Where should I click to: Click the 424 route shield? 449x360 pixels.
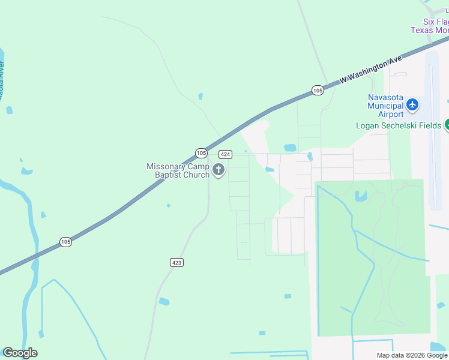pos(226,154)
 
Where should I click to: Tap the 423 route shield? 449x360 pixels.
pos(176,263)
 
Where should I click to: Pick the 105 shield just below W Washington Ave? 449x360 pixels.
pos(318,90)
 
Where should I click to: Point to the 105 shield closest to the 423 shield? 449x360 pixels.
pos(66,242)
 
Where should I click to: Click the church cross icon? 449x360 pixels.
pos(218,170)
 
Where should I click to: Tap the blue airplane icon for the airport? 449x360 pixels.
pos(412,104)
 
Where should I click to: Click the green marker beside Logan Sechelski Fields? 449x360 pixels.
pos(446,125)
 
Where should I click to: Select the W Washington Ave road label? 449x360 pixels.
pos(370,71)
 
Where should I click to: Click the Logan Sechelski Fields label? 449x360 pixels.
pos(399,126)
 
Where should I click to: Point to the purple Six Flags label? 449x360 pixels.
pos(430,25)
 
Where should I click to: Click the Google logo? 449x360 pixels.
pos(20,353)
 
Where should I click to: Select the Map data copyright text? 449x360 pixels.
pos(411,355)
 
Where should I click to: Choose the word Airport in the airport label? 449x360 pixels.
pos(391,114)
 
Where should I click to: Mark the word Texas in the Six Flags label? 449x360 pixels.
pos(421,30)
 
